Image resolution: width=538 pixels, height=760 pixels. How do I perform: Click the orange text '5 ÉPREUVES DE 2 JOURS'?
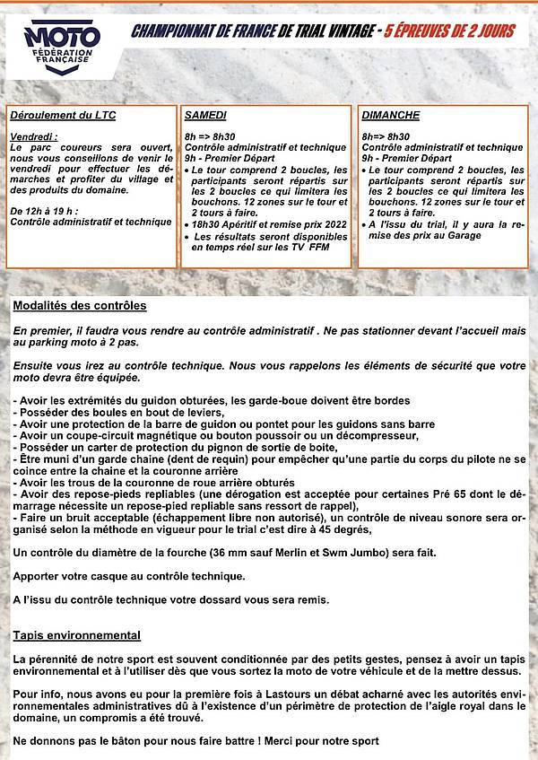450,32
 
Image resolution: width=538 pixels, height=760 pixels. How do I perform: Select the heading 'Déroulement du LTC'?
63,116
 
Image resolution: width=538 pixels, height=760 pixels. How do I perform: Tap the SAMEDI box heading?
205,116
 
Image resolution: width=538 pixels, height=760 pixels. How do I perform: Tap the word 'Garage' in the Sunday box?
461,235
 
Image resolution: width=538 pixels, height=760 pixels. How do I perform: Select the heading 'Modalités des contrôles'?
80,306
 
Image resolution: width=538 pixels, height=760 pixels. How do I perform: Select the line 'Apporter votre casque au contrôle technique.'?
128,576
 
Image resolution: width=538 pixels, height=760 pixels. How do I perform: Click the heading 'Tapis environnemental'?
76,635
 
